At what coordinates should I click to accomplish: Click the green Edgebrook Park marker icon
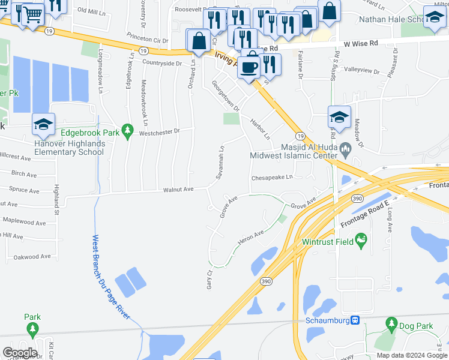[x=127, y=130]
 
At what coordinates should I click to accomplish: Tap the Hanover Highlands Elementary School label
[x=70, y=148]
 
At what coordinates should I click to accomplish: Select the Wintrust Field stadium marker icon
[x=361, y=242]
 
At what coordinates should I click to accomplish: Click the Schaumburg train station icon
[x=355, y=320]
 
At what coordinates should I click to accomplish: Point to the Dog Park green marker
[x=391, y=326]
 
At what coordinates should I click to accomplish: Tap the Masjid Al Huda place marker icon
[x=345, y=148]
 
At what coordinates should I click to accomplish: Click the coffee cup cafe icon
[x=249, y=67]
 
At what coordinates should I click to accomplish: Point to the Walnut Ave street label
[x=178, y=190]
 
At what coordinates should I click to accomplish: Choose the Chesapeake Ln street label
[x=271, y=178]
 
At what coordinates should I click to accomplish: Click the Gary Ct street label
[x=210, y=279]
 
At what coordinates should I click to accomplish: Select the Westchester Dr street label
[x=159, y=131]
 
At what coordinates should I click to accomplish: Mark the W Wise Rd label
[x=361, y=43]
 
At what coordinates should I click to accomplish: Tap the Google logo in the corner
[x=20, y=352]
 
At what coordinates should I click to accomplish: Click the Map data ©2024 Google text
[x=411, y=355]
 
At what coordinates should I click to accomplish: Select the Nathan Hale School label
[x=391, y=19]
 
